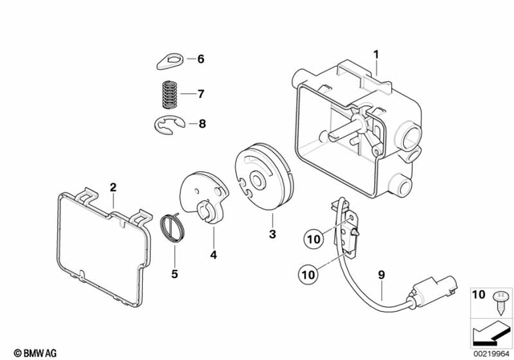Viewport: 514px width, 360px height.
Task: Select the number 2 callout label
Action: pyautogui.click(x=113, y=187)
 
